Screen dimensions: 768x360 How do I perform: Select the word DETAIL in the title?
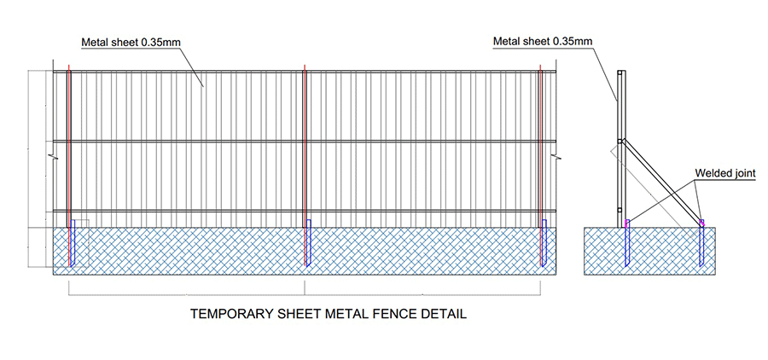(445, 313)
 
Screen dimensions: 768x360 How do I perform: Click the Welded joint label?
(725, 173)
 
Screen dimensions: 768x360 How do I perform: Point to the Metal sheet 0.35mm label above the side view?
(543, 41)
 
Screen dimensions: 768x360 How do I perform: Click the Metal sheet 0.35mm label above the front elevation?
(131, 42)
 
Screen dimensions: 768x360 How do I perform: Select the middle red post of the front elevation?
(305, 165)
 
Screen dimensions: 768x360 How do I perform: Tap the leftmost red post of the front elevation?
(69, 165)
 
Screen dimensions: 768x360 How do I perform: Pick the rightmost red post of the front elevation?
(540, 165)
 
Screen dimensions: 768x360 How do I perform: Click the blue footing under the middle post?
(309, 242)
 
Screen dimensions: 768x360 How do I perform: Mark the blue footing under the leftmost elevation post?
(73, 242)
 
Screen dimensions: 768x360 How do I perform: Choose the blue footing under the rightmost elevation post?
(544, 242)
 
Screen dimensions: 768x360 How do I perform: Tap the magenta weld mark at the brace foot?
(702, 223)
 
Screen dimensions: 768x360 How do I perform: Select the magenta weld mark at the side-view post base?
(627, 223)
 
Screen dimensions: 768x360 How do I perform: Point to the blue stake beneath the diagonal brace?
(702, 247)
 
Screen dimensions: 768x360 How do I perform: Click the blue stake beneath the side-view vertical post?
(627, 247)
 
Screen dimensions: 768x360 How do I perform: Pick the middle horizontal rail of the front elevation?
(305, 142)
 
